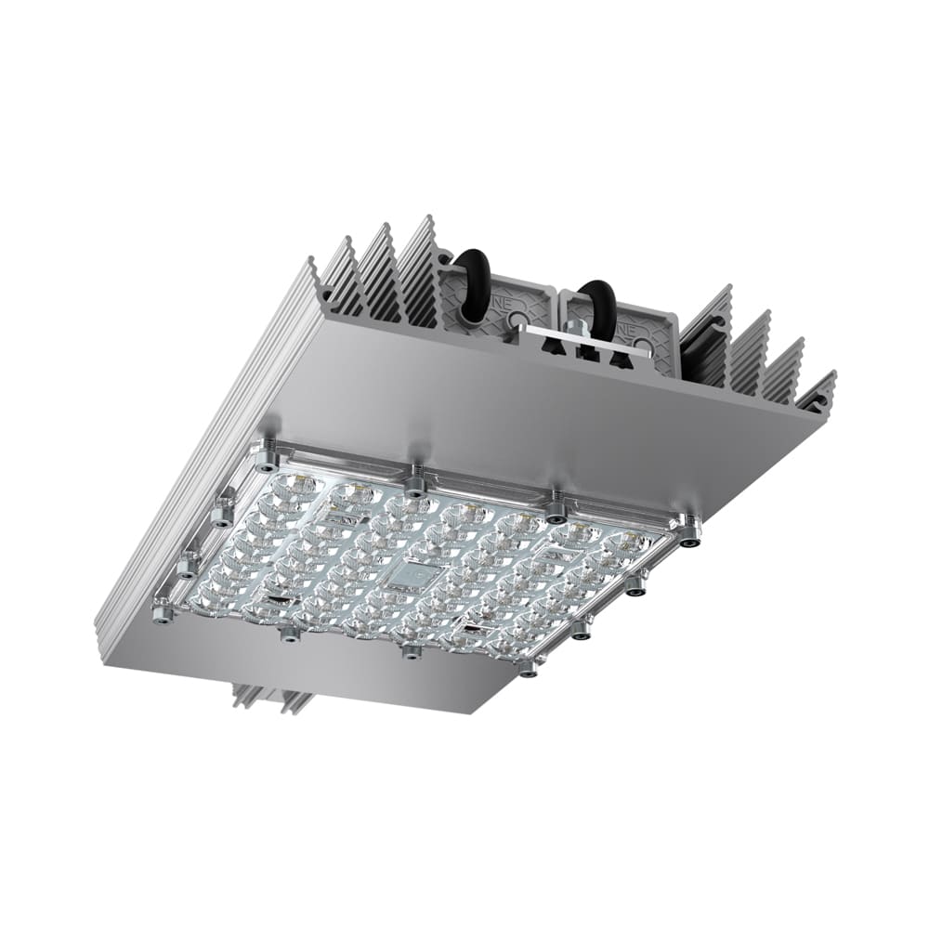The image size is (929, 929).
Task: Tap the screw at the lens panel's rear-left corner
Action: pos(267,454)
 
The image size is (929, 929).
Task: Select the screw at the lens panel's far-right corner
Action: pos(689,531)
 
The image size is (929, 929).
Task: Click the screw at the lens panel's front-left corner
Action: pos(163,613)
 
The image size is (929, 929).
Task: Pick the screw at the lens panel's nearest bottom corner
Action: pos(528,667)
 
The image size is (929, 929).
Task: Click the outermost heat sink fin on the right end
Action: pos(818,390)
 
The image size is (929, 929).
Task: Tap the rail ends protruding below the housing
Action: pos(269,697)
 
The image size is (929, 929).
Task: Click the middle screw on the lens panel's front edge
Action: pos(410,650)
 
